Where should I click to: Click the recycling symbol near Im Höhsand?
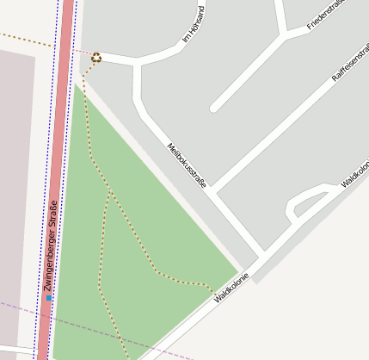[x=96, y=58]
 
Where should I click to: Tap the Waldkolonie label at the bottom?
[x=231, y=287]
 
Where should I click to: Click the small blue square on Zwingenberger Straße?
[x=49, y=298]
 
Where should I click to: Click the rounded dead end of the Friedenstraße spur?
[x=214, y=108]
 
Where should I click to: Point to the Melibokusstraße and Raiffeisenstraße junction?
[x=215, y=189]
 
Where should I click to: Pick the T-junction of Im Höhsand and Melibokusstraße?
[x=136, y=62]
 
